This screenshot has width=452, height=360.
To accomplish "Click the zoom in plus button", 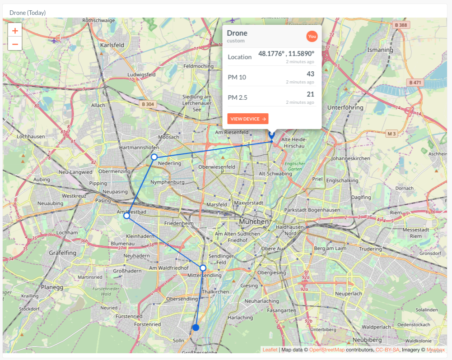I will [15, 31].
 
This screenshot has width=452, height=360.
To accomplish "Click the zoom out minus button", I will [15, 44].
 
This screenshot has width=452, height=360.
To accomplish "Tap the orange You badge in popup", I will [312, 36].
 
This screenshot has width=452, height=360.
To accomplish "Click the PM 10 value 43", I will [310, 74].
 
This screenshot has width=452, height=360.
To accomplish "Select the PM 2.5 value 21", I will [310, 94].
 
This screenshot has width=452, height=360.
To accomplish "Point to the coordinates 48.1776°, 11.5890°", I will [286, 54].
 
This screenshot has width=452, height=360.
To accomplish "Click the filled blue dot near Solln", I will [196, 328].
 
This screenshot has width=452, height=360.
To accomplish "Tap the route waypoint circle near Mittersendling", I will [203, 268].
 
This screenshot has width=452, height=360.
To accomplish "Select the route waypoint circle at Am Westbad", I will [127, 216].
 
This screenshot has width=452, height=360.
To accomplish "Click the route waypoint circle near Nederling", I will [154, 157].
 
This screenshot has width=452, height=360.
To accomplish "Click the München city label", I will [254, 222].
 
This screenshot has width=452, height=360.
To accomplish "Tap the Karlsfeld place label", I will [112, 46].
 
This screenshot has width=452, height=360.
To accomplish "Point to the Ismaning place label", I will [380, 50].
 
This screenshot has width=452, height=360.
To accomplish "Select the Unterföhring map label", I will [345, 108].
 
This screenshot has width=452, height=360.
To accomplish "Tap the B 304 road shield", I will [148, 104].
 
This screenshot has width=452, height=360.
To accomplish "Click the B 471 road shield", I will [414, 83].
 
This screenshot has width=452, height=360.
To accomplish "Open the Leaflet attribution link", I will [270, 350].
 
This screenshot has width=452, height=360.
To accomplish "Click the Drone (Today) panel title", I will [28, 13].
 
